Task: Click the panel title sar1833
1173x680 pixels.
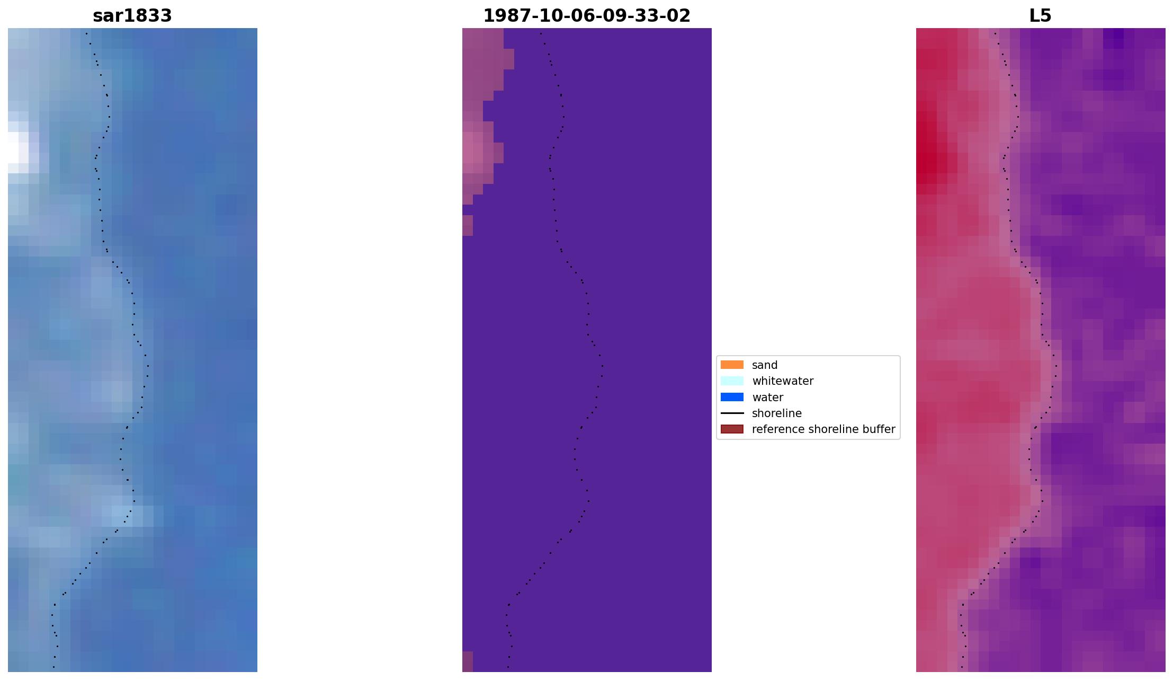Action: click(132, 16)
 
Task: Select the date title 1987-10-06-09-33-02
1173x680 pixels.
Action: click(587, 16)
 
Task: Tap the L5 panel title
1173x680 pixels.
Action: click(1040, 16)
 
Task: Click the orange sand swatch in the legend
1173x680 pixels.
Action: click(732, 365)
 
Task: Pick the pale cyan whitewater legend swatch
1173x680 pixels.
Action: click(732, 381)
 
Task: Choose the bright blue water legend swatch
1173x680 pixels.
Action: click(732, 397)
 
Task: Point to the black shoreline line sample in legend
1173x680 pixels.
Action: click(732, 413)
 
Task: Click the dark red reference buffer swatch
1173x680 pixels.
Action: click(732, 429)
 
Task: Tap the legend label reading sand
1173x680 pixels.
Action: click(765, 365)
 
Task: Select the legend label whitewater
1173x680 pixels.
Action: click(783, 381)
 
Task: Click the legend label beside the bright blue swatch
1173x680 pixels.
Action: click(767, 398)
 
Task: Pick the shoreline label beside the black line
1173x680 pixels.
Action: click(777, 413)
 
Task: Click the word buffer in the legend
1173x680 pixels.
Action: click(879, 429)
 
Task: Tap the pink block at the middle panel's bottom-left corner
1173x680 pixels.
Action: click(467, 662)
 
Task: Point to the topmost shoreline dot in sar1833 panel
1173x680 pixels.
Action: click(86, 34)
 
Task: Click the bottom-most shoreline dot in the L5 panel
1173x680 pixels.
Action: click(962, 667)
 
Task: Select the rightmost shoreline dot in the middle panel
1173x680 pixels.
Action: click(603, 366)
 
